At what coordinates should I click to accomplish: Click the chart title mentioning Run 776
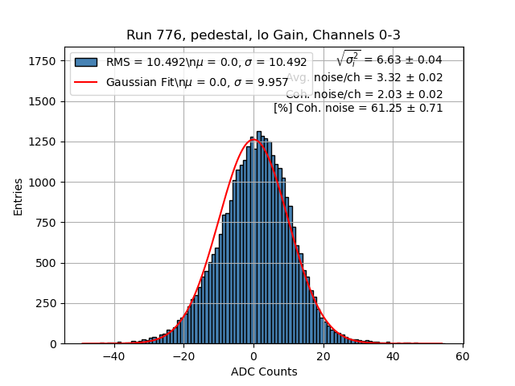[263, 35]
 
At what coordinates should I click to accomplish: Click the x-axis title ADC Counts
[264, 372]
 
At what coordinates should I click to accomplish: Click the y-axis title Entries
[18, 197]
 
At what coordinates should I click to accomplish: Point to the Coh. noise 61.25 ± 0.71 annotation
[358, 108]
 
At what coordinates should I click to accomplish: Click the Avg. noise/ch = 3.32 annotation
[364, 77]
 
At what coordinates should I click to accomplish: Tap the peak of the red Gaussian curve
[253, 140]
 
